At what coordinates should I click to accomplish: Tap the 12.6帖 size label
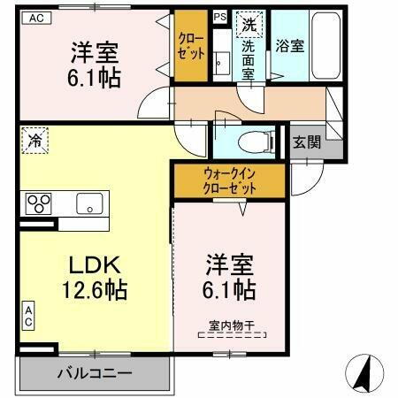pos(93,289)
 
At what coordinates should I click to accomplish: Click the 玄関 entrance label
pos(307,141)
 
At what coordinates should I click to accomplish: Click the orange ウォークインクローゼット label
pos(229,181)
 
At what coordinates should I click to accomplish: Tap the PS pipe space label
pos(218,17)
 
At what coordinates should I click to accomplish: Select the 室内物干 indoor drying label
pos(231,326)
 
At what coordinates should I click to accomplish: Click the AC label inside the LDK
pos(29,317)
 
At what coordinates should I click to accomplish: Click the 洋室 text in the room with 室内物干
pos(232,264)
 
